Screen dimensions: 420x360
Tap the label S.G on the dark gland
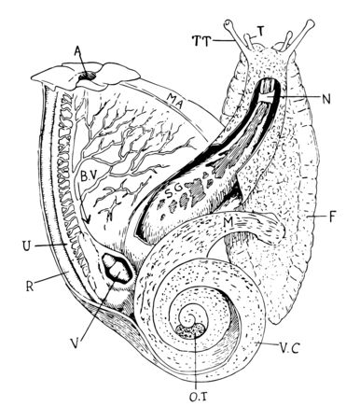174,192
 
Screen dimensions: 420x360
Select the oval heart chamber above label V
119,270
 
